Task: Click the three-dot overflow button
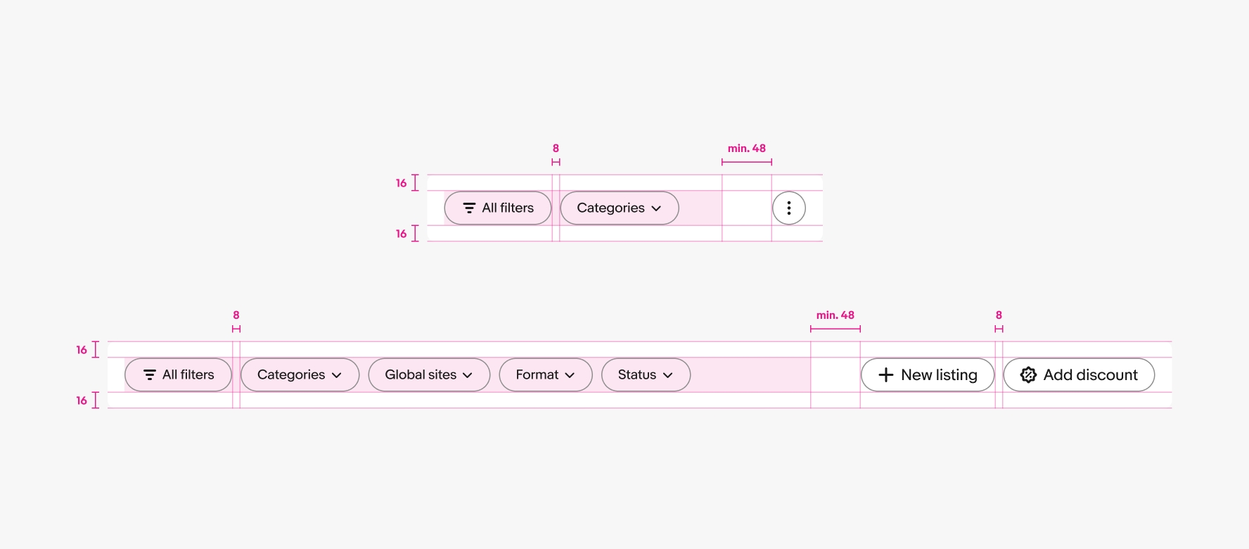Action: [x=789, y=208]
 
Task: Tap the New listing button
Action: [x=928, y=375]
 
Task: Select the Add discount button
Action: [x=1079, y=375]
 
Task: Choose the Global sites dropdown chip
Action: [x=429, y=375]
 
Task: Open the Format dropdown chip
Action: [x=546, y=375]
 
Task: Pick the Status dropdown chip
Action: [x=646, y=375]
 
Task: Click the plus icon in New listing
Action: [x=886, y=375]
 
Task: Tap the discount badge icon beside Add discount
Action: [x=1028, y=375]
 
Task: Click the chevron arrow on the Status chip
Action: [x=668, y=376]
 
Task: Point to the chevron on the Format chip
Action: [x=570, y=376]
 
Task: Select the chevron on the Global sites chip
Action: [x=468, y=376]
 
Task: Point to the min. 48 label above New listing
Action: [x=835, y=315]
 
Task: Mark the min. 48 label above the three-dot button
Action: [x=747, y=149]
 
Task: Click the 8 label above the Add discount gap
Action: [x=999, y=315]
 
